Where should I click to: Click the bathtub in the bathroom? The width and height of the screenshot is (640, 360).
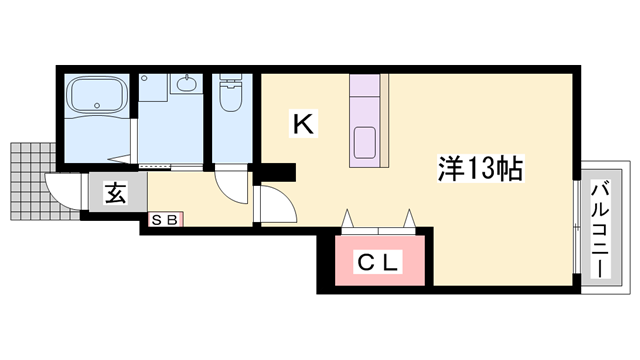tap(95, 98)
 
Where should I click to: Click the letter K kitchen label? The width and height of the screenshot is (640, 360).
tap(303, 123)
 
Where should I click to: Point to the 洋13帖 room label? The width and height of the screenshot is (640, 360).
tap(479, 168)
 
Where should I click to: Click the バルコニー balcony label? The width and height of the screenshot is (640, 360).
tap(602, 229)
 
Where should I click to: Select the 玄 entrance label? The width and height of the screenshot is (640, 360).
tap(114, 194)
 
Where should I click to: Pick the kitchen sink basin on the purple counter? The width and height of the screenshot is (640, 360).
tap(363, 142)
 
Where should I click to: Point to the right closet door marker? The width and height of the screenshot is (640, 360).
tap(409, 218)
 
